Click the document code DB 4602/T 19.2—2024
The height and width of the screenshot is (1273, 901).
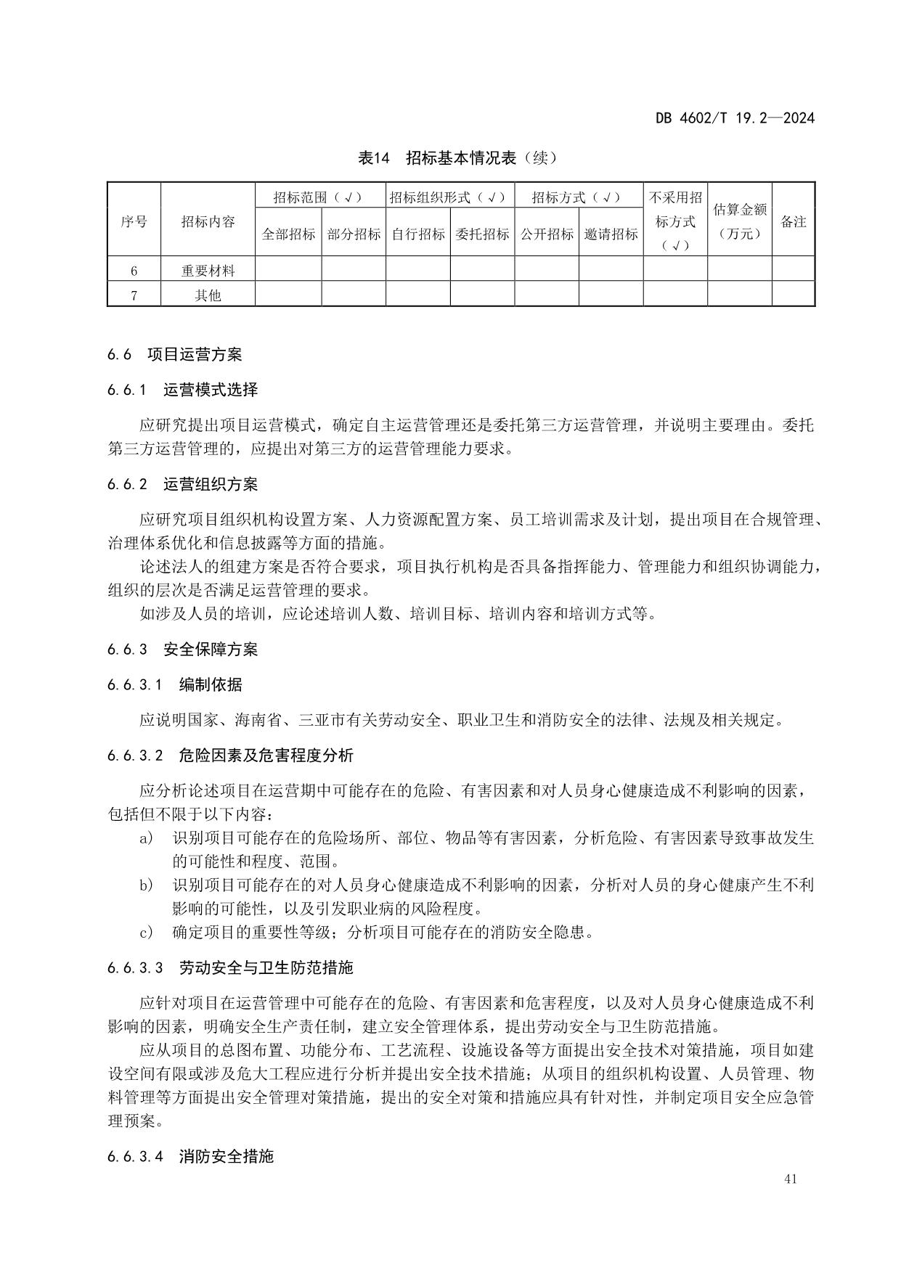[x=735, y=118]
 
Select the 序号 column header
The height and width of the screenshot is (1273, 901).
[x=134, y=221]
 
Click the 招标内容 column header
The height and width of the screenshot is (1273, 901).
[x=208, y=221]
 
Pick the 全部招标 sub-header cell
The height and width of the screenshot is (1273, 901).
[x=288, y=234]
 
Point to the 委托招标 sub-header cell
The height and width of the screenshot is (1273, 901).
[x=482, y=234]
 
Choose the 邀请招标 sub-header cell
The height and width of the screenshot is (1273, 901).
[x=611, y=234]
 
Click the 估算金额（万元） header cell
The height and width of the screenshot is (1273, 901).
[x=739, y=221]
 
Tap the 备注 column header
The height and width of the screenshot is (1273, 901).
[x=793, y=221]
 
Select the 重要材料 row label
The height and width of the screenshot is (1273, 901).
[x=208, y=271]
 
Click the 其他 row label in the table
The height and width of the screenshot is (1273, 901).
[x=208, y=295]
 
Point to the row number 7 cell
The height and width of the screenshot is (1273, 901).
[x=134, y=295]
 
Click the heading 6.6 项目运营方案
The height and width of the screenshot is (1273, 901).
[x=174, y=354]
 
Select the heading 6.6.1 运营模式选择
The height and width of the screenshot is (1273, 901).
[x=182, y=390]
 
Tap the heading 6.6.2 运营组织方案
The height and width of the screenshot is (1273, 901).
[x=182, y=484]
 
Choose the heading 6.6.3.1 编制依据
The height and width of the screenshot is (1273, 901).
[x=174, y=684]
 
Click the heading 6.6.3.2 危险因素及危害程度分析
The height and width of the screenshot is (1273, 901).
[x=229, y=756]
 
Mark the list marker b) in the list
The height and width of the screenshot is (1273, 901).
[x=146, y=885]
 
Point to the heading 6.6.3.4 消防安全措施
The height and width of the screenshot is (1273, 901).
[x=189, y=1156]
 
